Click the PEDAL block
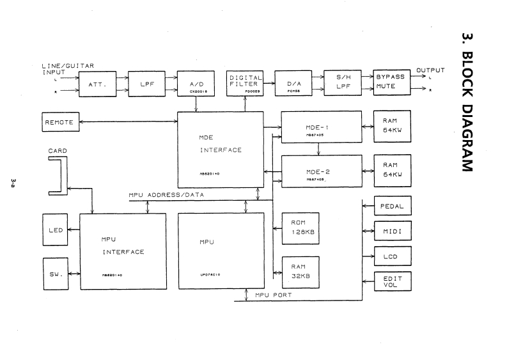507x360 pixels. [x=391, y=207]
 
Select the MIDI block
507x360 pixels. [x=391, y=231]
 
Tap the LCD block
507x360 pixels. [x=391, y=255]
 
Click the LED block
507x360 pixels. [x=55, y=230]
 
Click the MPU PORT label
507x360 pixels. [x=274, y=295]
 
